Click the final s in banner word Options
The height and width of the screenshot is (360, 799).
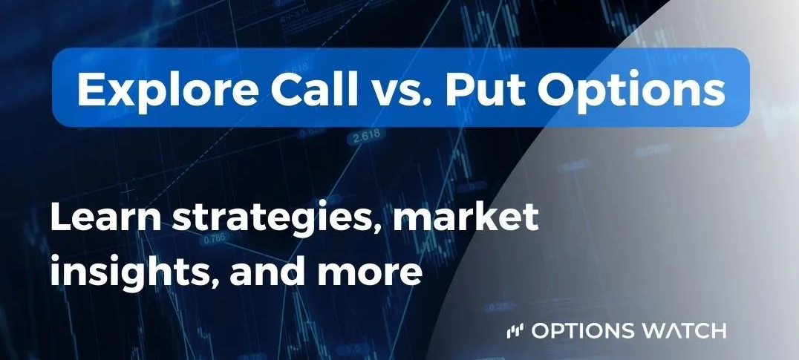click(x=714, y=92)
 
